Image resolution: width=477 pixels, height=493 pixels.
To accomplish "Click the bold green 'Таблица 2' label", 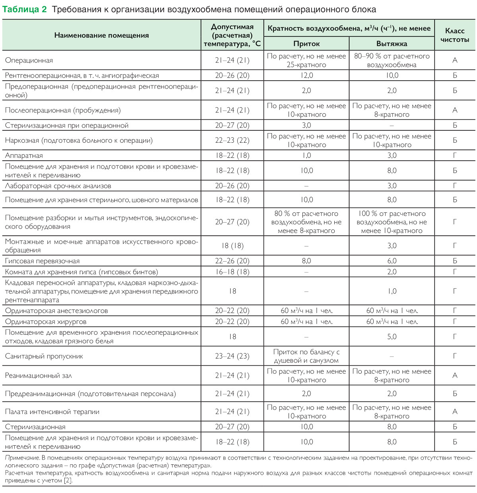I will [x=25, y=9].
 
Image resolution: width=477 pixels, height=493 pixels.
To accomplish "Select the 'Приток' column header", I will [x=306, y=44].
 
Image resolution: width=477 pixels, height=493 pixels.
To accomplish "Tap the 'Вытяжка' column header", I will [x=392, y=44].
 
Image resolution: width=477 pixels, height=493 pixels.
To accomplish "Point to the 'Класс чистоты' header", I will [x=455, y=35].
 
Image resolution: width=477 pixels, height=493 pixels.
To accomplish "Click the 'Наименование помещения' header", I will [x=101, y=35].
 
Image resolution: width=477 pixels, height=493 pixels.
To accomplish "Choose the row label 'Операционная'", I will [x=29, y=60].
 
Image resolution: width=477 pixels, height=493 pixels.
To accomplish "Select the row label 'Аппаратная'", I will [x=24, y=155].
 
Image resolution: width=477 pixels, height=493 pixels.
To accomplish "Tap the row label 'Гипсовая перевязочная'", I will [x=42, y=261].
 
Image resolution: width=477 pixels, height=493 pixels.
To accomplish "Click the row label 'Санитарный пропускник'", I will [x=44, y=356].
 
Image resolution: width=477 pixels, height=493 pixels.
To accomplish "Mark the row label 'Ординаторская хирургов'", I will [x=46, y=322].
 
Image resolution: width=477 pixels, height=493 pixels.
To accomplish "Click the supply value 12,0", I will [x=306, y=76].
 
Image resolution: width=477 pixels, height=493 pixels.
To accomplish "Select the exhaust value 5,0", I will [x=392, y=337].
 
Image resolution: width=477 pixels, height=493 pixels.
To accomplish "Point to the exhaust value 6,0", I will [x=392, y=261].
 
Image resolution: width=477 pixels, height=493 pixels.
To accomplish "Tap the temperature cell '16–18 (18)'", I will [x=232, y=272].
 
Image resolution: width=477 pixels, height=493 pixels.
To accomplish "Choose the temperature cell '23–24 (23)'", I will [x=232, y=356].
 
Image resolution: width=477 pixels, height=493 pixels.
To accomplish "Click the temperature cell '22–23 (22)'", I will [x=232, y=140].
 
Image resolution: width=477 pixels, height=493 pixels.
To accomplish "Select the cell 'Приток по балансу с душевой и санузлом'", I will [x=306, y=356].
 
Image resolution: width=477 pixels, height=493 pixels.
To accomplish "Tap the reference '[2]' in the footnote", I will [x=68, y=480].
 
